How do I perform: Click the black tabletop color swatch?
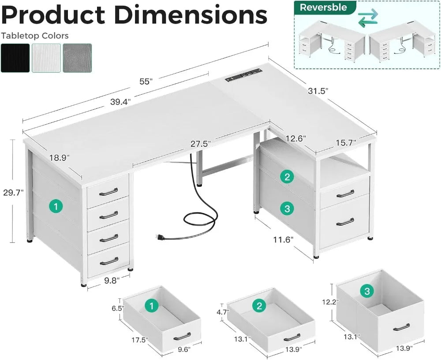pyautogui.click(x=15, y=58)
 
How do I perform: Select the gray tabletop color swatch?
pyautogui.click(x=77, y=58)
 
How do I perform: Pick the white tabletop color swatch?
pyautogui.click(x=46, y=58)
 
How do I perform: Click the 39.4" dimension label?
pyautogui.click(x=119, y=101)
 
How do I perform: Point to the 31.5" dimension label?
pyautogui.click(x=318, y=90)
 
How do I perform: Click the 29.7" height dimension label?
pyautogui.click(x=12, y=192)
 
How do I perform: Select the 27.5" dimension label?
pyautogui.click(x=201, y=144)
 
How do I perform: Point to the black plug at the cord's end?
pyautogui.click(x=159, y=238)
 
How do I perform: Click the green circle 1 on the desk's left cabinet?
pyautogui.click(x=56, y=206)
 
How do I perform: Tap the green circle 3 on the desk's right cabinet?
pyautogui.click(x=287, y=209)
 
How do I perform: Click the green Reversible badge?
pyautogui.click(x=323, y=7)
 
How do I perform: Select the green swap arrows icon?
pyautogui.click(x=368, y=19)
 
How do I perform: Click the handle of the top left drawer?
pyautogui.click(x=108, y=192)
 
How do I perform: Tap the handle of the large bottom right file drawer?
pyautogui.click(x=345, y=222)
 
